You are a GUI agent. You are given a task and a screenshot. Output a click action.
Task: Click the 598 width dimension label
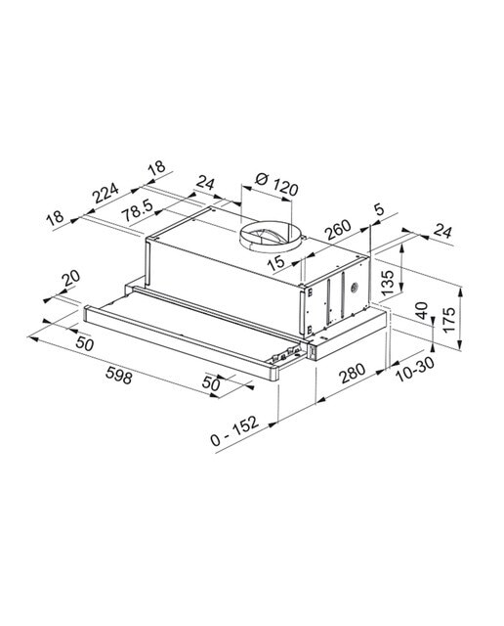[x=119, y=376]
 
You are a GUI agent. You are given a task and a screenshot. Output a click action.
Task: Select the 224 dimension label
[x=105, y=193]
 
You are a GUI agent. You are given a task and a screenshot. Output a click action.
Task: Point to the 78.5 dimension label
[x=137, y=210]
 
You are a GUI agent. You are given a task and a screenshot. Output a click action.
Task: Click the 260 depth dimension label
[x=337, y=230]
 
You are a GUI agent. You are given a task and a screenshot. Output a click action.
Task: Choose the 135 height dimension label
[x=387, y=283]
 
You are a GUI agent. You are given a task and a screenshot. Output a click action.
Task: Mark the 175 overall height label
[x=448, y=320]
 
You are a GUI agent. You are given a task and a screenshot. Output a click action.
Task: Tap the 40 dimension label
[x=421, y=310]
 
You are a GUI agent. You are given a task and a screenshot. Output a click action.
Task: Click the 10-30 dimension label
[x=415, y=370]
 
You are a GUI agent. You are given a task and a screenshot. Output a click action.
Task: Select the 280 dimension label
[x=352, y=373]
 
